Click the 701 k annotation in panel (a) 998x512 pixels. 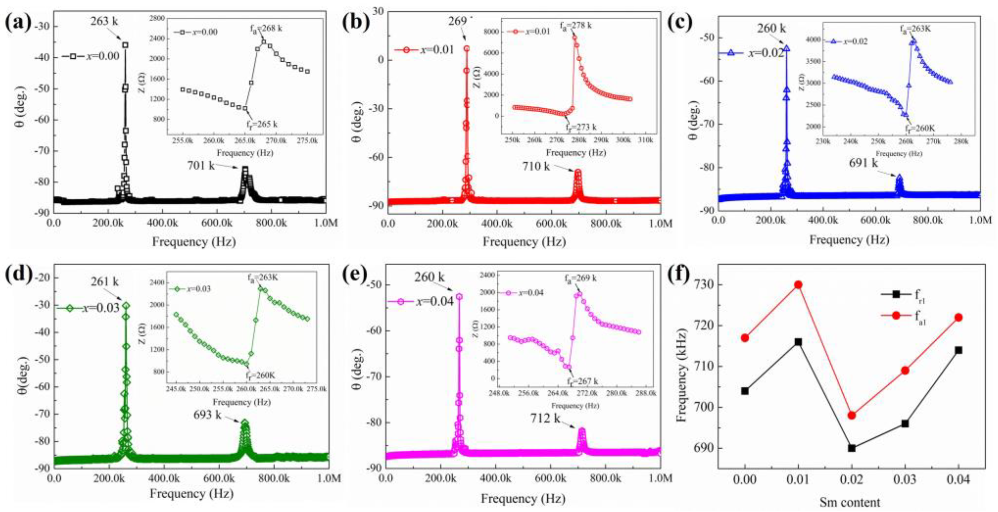201,166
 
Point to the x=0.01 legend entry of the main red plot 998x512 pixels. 424,50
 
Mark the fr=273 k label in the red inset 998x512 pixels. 580,127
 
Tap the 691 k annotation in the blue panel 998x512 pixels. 864,163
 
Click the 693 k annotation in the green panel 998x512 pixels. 207,415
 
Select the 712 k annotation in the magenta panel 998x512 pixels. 546,419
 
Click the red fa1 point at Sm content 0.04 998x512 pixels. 959,318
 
